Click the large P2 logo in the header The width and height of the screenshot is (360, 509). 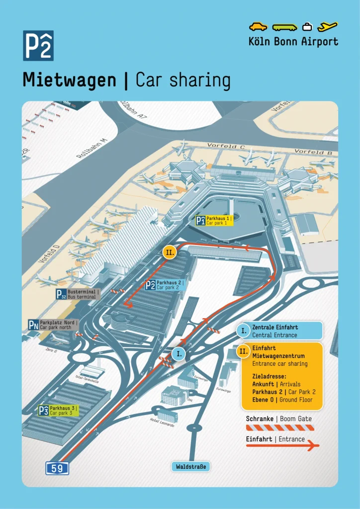pyautogui.click(x=38, y=46)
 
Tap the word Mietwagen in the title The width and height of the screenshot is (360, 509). pyautogui.click(x=69, y=80)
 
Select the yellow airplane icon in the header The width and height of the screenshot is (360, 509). pyautogui.click(x=328, y=26)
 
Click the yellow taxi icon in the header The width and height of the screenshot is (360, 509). pyautogui.click(x=258, y=26)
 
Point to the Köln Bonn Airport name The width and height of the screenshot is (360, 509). pyautogui.click(x=293, y=41)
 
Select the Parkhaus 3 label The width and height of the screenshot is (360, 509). pyautogui.click(x=59, y=410)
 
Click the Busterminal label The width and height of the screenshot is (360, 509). pyautogui.click(x=78, y=294)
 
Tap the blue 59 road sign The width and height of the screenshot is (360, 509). pyautogui.click(x=57, y=468)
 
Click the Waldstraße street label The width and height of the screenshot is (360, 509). pyautogui.click(x=190, y=466)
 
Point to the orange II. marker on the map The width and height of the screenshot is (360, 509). pyautogui.click(x=170, y=252)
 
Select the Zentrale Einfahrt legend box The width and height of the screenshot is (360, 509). pyautogui.click(x=280, y=331)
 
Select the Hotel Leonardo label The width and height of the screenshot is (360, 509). pyautogui.click(x=162, y=422)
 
